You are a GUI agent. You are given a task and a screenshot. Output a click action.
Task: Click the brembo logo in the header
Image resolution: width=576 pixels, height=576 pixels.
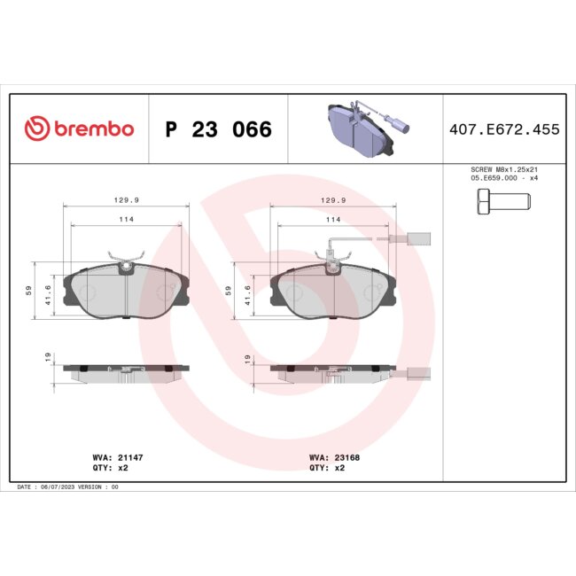tap(79, 129)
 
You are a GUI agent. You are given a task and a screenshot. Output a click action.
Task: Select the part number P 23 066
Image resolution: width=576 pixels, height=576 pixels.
tap(219, 130)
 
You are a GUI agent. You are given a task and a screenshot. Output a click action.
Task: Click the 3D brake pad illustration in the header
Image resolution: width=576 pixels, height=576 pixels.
tap(365, 127)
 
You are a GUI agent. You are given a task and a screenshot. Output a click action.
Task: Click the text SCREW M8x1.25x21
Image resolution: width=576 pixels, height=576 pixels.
tap(503, 168)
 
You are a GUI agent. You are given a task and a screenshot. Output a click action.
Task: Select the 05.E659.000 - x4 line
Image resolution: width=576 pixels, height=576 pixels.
tap(503, 177)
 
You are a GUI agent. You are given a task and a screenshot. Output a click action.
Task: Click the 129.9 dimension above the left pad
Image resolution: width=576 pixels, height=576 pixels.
tap(126, 200)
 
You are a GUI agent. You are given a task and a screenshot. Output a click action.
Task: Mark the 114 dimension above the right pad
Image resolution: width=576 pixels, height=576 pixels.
tap(333, 219)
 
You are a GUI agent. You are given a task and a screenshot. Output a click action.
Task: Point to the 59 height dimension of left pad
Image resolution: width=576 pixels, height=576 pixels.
tap(29, 291)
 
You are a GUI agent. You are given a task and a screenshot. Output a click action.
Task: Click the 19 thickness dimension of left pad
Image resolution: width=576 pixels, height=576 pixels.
tap(46, 357)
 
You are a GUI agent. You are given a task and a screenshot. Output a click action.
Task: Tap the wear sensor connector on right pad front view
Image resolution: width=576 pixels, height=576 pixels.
tap(418, 237)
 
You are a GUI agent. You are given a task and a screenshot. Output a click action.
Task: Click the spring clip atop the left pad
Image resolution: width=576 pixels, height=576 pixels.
tap(126, 260)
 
